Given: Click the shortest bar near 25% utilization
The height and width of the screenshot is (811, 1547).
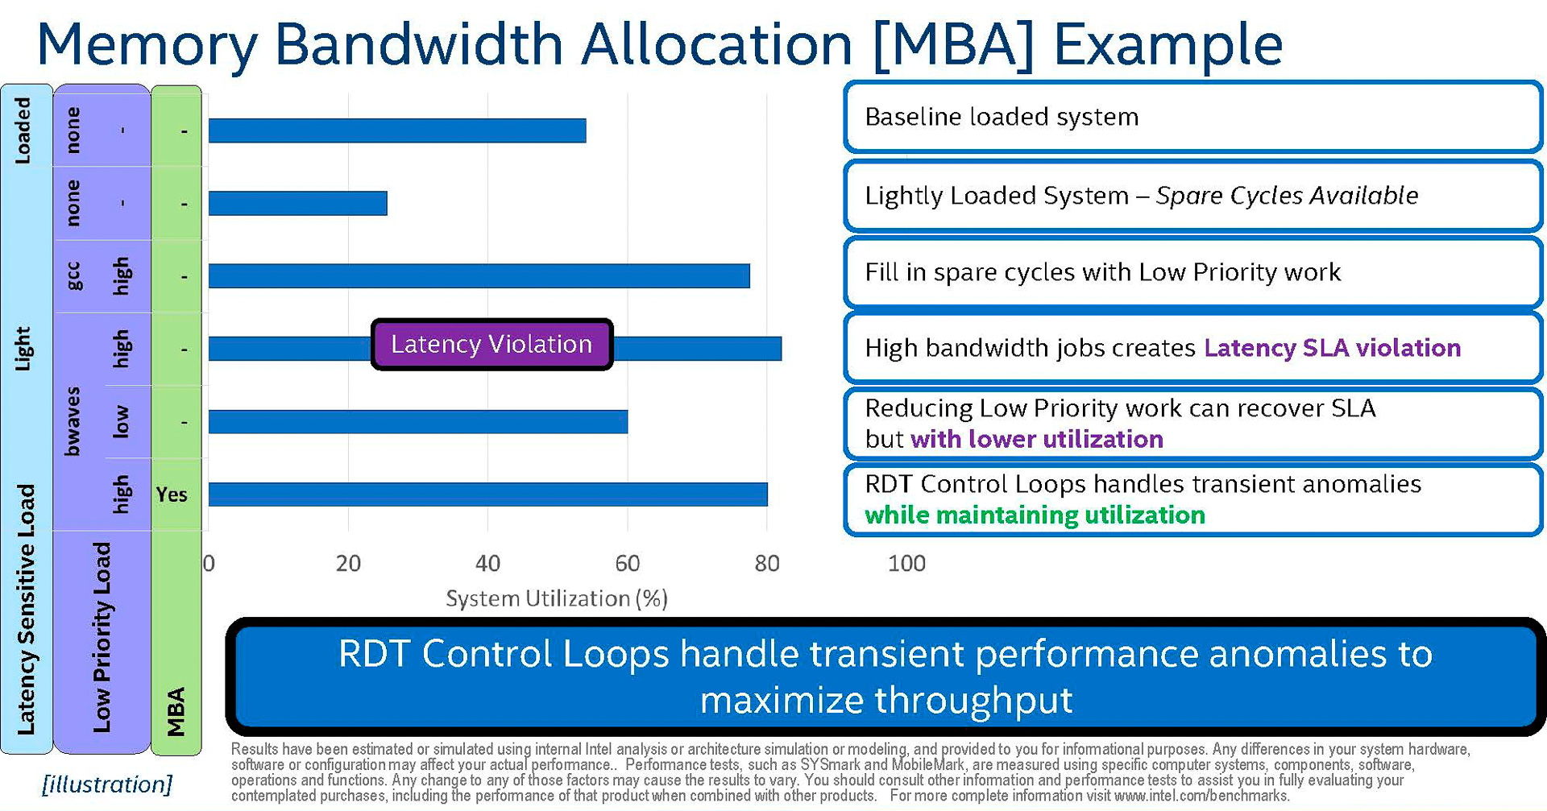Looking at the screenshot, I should click(x=297, y=203).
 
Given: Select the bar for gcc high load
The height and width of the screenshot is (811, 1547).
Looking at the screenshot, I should click(x=479, y=275).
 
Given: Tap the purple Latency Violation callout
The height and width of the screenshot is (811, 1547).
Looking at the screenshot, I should click(x=491, y=345).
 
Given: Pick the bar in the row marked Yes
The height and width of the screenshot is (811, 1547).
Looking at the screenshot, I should click(x=487, y=494).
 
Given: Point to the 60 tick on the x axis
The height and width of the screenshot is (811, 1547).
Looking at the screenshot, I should click(x=627, y=563).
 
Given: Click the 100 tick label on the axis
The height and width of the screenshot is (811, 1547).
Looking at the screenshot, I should click(x=906, y=563).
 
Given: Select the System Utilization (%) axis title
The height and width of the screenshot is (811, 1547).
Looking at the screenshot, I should click(x=557, y=598).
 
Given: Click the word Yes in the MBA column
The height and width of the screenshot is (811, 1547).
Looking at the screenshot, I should click(x=172, y=494).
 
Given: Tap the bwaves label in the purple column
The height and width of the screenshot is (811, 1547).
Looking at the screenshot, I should click(x=73, y=421).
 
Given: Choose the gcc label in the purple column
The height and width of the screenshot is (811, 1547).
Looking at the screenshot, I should click(x=73, y=275).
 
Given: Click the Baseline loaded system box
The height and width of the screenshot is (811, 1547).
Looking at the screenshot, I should click(x=1192, y=117).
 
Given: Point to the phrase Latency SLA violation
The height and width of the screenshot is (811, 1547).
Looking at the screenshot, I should click(x=1332, y=348).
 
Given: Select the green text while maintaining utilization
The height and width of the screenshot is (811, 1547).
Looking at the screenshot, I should click(x=1035, y=515).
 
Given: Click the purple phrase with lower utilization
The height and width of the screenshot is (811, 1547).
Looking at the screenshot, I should click(x=1036, y=440).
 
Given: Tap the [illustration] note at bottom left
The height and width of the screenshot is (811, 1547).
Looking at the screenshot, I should click(x=107, y=784).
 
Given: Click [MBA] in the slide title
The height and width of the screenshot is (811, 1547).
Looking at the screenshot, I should click(x=953, y=44).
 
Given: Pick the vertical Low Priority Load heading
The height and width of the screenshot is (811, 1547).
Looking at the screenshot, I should click(x=102, y=636).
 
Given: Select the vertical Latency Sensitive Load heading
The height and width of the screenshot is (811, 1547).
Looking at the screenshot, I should click(x=27, y=609).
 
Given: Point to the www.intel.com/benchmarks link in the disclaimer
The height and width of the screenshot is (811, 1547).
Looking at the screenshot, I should click(x=1201, y=796).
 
